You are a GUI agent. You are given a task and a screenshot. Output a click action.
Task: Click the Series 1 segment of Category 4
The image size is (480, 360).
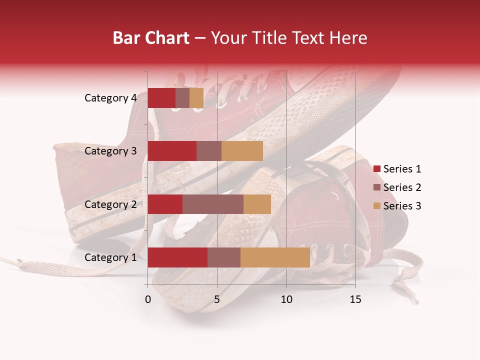(x=161, y=98)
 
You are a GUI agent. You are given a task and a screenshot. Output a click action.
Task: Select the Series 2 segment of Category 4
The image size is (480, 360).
(x=182, y=98)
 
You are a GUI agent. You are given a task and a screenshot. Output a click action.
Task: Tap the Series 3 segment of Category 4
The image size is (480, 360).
(x=196, y=98)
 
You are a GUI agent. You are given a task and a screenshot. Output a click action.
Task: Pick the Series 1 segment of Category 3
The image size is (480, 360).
(x=172, y=151)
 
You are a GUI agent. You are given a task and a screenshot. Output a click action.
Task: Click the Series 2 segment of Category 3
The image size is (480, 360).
(x=209, y=151)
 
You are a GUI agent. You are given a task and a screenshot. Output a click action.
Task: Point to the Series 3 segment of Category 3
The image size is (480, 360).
(x=242, y=151)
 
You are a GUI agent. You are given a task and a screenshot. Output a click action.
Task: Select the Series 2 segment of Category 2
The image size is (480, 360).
(x=213, y=204)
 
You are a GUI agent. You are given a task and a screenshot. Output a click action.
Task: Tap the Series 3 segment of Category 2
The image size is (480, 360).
(x=257, y=204)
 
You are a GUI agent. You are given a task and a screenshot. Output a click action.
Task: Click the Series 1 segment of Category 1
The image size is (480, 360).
(x=177, y=257)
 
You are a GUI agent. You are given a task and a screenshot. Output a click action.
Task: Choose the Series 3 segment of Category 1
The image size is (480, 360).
(x=275, y=257)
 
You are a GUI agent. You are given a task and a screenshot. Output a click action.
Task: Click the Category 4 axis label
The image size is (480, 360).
(x=110, y=98)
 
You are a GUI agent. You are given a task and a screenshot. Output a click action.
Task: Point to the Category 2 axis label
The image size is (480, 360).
(x=110, y=204)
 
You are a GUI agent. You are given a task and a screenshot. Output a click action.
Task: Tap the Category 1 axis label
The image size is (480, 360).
(x=110, y=257)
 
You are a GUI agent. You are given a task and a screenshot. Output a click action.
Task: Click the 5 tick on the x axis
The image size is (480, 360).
(x=217, y=299)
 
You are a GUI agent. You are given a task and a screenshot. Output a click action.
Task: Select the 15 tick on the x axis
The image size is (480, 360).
(x=355, y=299)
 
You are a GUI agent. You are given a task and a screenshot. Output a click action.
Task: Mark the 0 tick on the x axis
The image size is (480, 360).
(x=148, y=299)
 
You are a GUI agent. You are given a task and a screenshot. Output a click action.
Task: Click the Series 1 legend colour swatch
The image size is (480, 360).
(x=376, y=169)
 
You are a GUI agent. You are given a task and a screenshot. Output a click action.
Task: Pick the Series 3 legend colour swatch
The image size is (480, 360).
(x=376, y=206)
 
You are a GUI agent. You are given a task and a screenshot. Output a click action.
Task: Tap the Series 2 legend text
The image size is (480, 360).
(x=402, y=187)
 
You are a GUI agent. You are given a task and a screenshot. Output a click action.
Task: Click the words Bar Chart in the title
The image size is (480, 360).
(x=151, y=38)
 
